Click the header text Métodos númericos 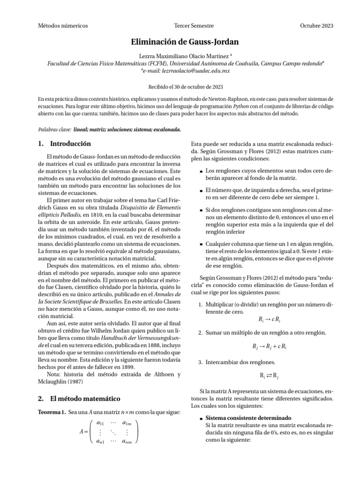coord(63,26)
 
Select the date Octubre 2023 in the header coord(316,26)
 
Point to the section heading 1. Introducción coord(64,143)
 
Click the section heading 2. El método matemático coord(79,398)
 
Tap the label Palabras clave coord(53,129)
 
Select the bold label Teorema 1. coord(52,412)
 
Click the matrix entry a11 coord(100,423)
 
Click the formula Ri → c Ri coord(269,320)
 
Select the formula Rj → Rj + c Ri coord(269,347)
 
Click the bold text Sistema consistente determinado coord(249,418)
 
